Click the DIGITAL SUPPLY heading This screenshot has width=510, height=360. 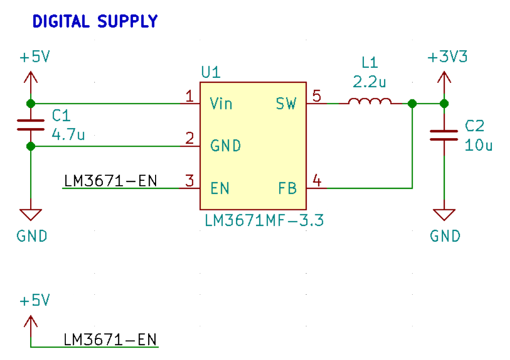95,22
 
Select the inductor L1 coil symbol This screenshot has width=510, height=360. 370,101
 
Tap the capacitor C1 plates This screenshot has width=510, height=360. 31,125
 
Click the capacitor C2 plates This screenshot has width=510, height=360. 444,135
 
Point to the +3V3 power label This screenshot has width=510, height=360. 447,57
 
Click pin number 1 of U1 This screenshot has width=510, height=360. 189,96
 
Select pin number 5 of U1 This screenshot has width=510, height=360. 317,95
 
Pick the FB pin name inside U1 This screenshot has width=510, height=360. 287,189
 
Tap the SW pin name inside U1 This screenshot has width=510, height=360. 286,104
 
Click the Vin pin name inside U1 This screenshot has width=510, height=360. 221,104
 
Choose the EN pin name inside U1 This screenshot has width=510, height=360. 220,189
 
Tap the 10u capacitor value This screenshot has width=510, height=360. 479,145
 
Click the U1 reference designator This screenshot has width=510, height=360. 210,73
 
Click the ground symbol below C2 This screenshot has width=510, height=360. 444,215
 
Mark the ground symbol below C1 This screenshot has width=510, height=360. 31,215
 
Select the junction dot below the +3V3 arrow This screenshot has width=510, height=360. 444,104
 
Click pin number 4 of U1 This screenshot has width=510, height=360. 317,180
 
